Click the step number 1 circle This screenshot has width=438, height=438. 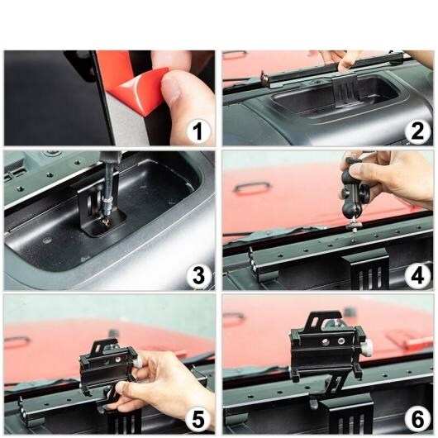tap(198, 131)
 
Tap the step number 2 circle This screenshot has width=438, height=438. tap(417, 131)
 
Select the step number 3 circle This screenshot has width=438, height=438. tap(198, 276)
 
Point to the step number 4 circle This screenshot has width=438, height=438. tap(417, 276)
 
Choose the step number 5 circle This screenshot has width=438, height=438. tap(198, 420)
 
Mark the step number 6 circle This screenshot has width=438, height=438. tap(417, 420)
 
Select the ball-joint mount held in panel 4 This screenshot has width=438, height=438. tap(353, 192)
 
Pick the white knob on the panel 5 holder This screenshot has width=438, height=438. tap(137, 363)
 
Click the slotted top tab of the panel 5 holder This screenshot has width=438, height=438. tap(106, 345)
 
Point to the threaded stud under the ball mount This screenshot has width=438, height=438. tap(353, 227)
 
